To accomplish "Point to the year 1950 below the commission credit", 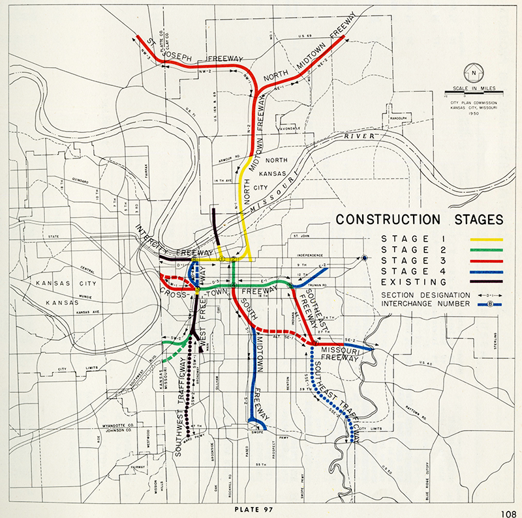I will click(x=471, y=111).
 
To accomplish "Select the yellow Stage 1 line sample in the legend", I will click(x=485, y=239).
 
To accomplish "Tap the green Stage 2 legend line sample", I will click(x=485, y=250).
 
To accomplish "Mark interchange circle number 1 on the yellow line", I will click(x=223, y=259).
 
